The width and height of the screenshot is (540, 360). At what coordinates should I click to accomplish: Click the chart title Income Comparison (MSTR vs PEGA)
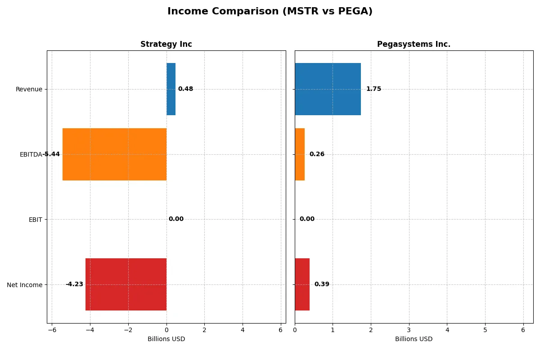[270, 11]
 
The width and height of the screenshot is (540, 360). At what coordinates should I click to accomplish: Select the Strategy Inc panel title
[166, 44]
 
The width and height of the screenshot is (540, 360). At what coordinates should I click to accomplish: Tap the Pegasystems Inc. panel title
[414, 44]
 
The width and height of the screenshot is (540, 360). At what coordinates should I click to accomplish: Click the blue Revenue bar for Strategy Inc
[171, 89]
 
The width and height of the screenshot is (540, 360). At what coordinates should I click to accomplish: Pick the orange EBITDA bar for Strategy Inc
[114, 154]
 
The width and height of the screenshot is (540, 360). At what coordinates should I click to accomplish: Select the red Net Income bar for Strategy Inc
[126, 284]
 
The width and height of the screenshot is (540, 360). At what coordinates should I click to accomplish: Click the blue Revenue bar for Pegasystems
[328, 89]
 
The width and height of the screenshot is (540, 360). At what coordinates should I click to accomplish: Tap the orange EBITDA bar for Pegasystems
[300, 154]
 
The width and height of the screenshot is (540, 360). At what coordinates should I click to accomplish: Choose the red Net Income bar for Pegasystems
[302, 284]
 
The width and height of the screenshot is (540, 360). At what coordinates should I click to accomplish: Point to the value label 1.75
[373, 89]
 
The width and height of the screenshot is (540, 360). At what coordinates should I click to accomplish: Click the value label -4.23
[74, 284]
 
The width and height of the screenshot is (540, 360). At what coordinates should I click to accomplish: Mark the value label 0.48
[185, 89]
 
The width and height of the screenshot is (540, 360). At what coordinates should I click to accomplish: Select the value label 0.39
[322, 284]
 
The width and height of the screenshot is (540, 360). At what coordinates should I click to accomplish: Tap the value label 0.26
[317, 154]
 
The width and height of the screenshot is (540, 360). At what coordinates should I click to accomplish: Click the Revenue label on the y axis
[29, 89]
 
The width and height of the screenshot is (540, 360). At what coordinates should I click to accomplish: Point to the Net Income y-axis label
[25, 285]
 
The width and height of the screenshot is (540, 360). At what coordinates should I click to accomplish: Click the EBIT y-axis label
[35, 220]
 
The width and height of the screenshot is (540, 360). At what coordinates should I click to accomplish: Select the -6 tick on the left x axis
[52, 330]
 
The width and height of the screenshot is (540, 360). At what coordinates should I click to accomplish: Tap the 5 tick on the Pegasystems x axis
[485, 330]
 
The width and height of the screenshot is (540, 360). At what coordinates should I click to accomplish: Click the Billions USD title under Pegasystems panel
[414, 339]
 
